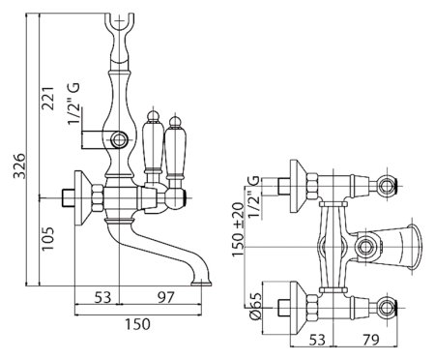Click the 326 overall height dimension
18,165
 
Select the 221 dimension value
47,98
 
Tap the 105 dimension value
47,239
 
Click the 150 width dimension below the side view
137,323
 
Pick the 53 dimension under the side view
102,297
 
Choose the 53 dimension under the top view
317,340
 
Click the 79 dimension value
370,340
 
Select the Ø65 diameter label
255,306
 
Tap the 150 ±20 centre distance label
238,229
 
